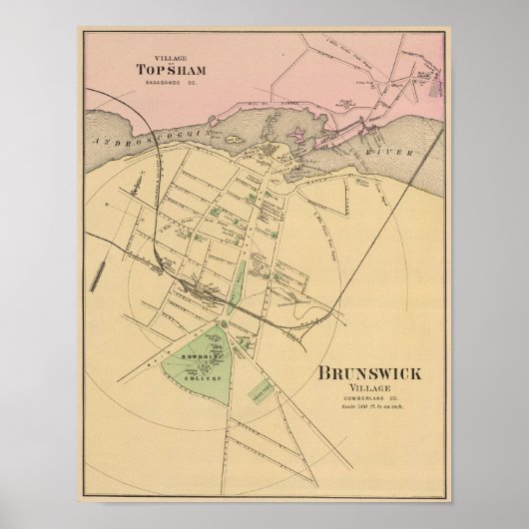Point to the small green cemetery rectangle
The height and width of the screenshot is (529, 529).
pyautogui.click(x=262, y=386)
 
